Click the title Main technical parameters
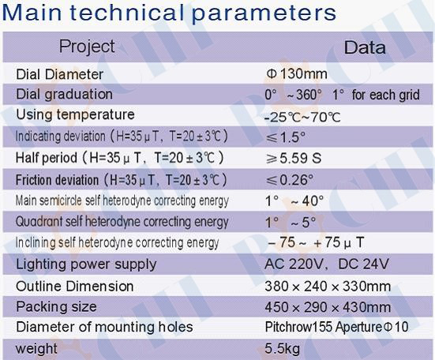click(169, 13)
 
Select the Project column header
click(87, 47)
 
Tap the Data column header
click(365, 47)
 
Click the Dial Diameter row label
click(60, 74)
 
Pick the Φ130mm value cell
click(297, 74)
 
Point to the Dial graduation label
click(65, 95)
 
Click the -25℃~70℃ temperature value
click(302, 118)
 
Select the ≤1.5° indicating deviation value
click(286, 137)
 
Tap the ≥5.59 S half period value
click(294, 159)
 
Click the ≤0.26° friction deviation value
click(290, 180)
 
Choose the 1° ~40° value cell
click(294, 201)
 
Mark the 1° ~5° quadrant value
click(291, 222)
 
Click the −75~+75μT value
click(316, 242)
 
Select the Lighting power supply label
click(86, 264)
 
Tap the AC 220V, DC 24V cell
click(327, 264)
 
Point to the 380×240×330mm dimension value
click(328, 287)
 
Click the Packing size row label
click(56, 307)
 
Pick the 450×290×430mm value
click(328, 307)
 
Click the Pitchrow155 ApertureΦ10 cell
click(336, 327)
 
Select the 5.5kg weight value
click(283, 348)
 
